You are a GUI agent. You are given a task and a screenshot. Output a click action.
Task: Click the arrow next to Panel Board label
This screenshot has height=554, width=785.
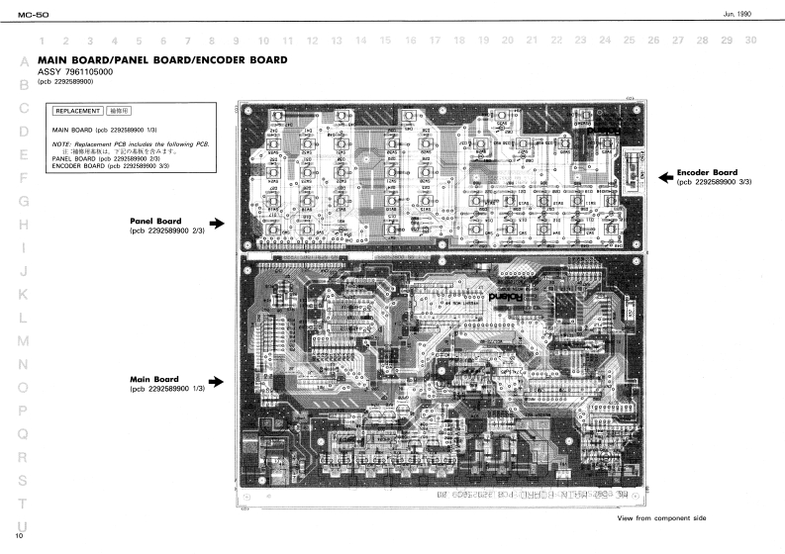218,225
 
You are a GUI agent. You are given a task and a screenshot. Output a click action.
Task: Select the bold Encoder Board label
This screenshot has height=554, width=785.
708,172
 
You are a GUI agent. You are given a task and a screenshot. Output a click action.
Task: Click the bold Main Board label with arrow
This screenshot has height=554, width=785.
154,379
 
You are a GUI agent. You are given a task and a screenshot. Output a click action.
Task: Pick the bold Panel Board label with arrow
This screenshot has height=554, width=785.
154,221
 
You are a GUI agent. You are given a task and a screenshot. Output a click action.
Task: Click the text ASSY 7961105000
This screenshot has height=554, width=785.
74,72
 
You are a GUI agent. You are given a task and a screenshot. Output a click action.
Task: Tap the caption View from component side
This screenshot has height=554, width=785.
662,518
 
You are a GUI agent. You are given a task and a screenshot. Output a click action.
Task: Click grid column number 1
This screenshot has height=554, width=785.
43,41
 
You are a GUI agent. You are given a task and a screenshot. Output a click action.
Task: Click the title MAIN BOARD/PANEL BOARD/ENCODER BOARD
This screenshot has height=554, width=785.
162,60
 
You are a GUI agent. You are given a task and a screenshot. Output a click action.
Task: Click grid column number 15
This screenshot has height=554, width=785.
384,41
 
